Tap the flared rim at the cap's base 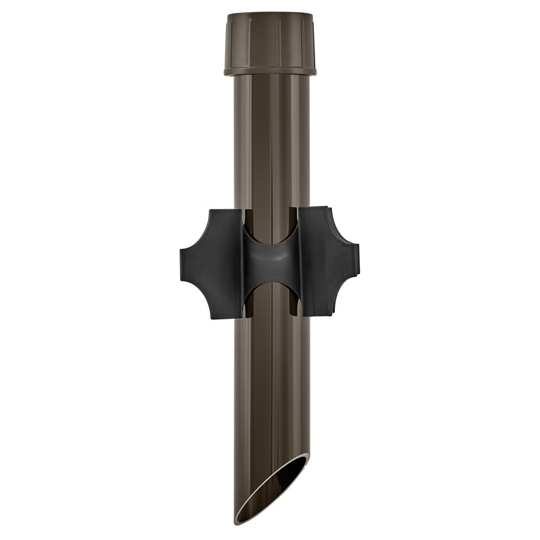[x=269, y=70]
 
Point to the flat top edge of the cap [x=269, y=13]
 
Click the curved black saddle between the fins [x=270, y=263]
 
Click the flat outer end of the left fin [x=183, y=263]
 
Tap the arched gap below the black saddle [x=270, y=297]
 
